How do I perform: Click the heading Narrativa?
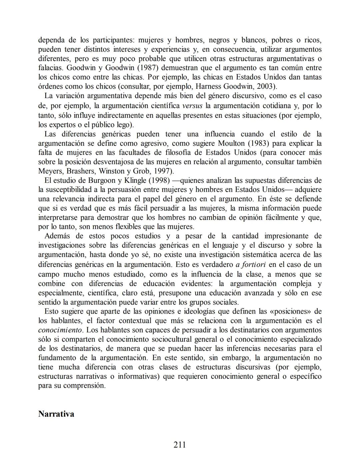point(56,414)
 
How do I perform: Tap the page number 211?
point(180,445)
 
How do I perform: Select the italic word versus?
point(193,106)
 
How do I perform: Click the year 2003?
point(266,86)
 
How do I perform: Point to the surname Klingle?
point(135,180)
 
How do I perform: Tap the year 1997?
point(162,171)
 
